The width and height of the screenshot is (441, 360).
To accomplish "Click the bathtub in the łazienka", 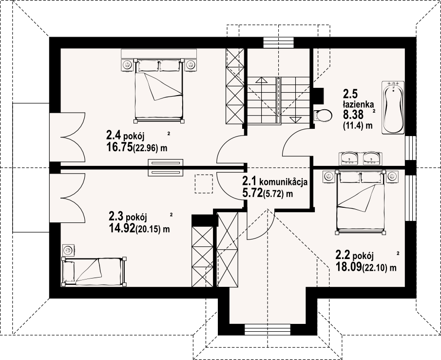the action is point(393,107).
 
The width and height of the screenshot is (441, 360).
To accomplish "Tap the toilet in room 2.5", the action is point(323,115).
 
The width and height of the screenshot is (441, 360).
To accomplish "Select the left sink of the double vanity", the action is point(349,158).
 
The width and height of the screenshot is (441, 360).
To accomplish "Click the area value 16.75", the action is point(119,147).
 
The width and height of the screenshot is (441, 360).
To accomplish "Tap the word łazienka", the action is point(358,104).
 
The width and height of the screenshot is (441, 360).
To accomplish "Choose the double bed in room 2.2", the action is point(361,202).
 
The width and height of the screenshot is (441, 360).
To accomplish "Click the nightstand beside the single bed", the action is point(68,250).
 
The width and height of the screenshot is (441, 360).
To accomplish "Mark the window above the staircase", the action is point(279,43).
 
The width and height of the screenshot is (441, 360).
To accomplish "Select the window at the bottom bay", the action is point(267,329).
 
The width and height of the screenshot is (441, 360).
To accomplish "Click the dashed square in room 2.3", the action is point(204,183).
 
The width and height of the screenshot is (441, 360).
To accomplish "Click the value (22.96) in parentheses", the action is point(146,148).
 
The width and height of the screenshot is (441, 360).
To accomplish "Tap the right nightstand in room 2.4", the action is point(191,65).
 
